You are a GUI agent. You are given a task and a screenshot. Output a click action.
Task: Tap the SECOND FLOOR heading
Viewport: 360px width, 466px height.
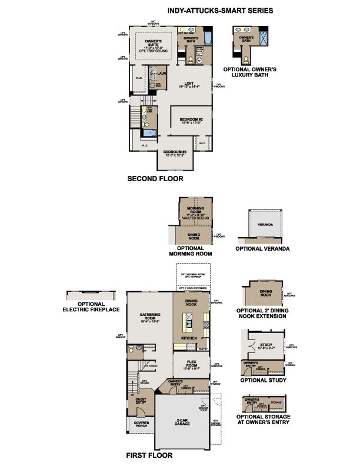[x=155, y=178]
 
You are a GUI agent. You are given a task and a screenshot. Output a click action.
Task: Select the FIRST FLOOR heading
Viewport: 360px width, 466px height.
[x=149, y=455]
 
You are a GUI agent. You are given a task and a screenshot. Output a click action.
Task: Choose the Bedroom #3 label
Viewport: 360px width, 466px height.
[x=175, y=152]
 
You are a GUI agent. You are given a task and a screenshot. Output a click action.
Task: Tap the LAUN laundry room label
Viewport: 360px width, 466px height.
[x=161, y=74]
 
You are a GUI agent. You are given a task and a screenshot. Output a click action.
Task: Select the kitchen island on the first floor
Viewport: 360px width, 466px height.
[x=191, y=321]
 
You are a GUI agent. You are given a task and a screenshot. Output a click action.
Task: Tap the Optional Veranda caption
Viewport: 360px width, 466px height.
[x=262, y=249]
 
